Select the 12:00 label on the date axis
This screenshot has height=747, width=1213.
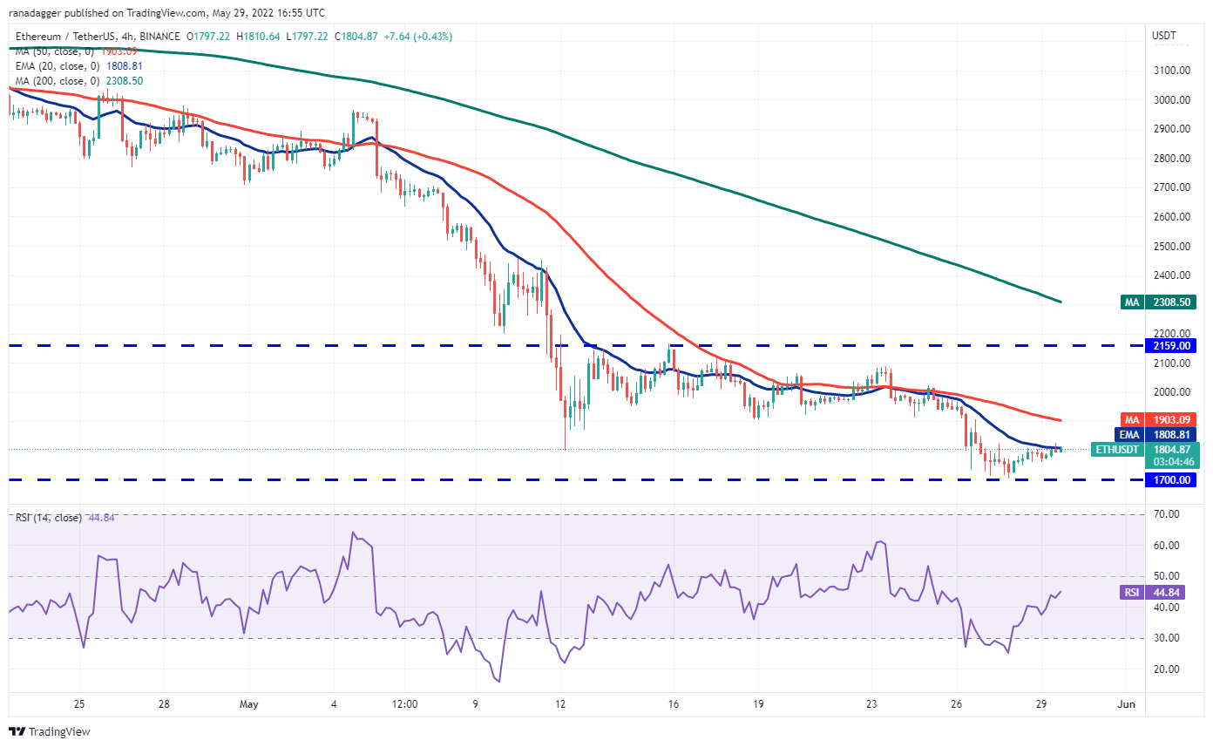405,703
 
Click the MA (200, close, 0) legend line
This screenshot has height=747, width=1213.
78,81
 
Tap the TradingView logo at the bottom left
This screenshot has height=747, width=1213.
50,731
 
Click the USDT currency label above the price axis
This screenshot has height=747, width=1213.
1164,36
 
